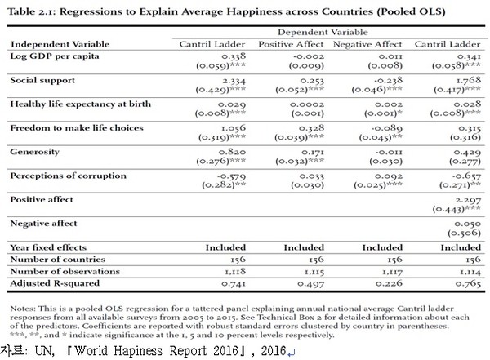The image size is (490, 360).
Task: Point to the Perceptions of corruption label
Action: [x=56, y=176]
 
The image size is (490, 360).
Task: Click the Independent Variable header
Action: [x=51, y=44]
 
